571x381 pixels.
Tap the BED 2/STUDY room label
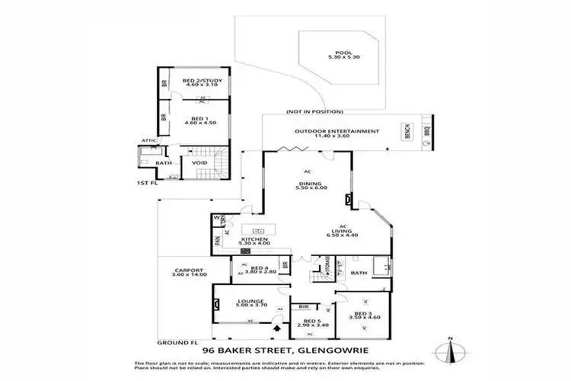[x=201, y=82]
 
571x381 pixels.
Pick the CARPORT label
[x=187, y=271]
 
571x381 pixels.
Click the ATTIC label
[x=148, y=141]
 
